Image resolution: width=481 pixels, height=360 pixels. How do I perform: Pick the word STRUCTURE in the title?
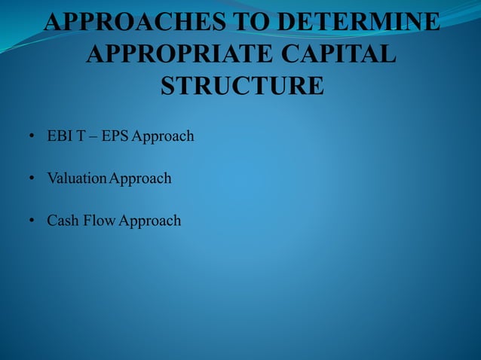243,85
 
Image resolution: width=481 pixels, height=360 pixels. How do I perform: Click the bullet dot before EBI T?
32,137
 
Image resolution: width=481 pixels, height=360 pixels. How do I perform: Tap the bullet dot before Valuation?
32,179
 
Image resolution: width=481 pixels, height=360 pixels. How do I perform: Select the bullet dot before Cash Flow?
32,221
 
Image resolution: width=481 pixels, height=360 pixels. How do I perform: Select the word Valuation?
76,178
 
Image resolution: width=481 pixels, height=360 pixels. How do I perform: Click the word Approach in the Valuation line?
139,179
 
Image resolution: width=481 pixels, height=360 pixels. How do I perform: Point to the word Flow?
100,221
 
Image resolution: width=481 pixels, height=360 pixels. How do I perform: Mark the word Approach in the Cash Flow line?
149,221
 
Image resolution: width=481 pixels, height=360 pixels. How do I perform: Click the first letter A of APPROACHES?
53,22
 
